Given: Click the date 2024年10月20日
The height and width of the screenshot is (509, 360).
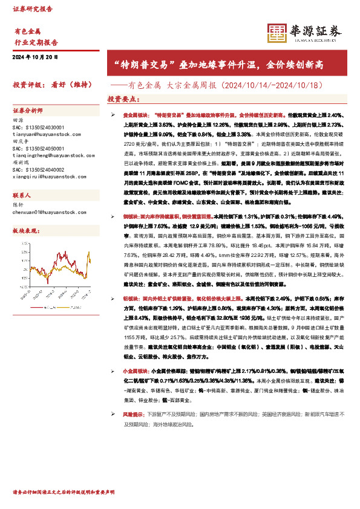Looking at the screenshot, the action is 34,57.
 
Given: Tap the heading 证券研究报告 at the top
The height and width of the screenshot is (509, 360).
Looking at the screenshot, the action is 33,10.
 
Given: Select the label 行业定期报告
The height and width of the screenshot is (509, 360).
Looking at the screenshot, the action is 36,43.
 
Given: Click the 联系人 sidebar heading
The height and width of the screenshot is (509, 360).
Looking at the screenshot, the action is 22,196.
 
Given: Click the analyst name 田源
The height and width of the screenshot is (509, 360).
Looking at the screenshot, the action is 18,120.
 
